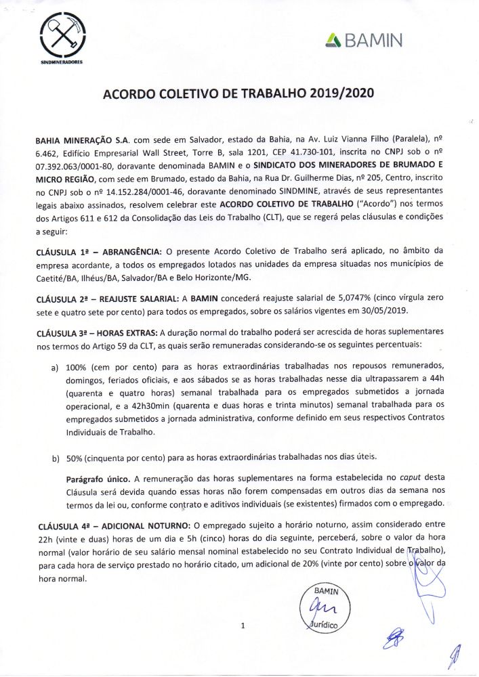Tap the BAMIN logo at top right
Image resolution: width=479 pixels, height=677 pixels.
363,41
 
